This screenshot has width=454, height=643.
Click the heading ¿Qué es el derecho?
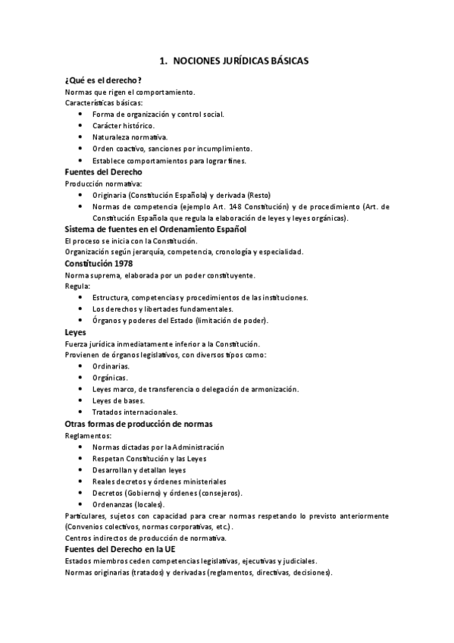[x=104, y=80]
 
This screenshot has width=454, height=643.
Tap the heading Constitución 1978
[x=101, y=262]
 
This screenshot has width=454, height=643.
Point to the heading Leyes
[x=76, y=332]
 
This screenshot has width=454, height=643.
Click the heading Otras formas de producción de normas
[x=139, y=423]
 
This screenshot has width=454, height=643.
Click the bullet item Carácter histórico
[x=123, y=125]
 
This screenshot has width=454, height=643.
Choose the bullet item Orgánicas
[x=110, y=378]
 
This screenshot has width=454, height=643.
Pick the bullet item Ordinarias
[x=112, y=366]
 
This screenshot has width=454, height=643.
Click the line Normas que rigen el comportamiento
[x=130, y=92]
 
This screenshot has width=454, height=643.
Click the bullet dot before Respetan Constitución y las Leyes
[x=81, y=459]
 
